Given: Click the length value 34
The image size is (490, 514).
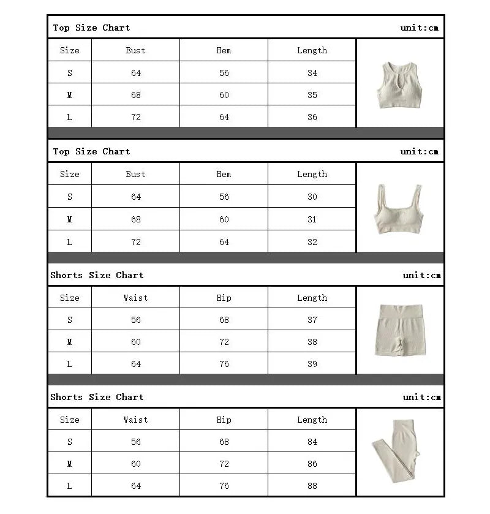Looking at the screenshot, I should (x=312, y=73).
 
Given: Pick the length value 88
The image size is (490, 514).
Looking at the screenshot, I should (x=312, y=486).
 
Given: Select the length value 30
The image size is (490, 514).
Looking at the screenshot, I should (x=312, y=197).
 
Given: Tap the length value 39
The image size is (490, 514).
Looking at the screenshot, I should (x=312, y=364).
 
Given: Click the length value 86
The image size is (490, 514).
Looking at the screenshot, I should (x=312, y=464).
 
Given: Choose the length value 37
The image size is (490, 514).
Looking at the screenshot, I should (x=312, y=320).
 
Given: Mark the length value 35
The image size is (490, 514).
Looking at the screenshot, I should (x=312, y=95).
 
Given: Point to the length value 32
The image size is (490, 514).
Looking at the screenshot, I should (x=312, y=242).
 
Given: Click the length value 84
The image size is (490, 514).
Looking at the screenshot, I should (x=312, y=442).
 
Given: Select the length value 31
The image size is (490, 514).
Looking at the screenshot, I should (x=312, y=219).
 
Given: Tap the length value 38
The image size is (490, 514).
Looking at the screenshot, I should (x=312, y=342).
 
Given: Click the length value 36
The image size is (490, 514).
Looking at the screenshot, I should (x=312, y=117).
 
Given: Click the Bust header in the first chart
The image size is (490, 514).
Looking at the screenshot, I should (x=135, y=50).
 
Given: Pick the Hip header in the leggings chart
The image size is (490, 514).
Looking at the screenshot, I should (x=224, y=420).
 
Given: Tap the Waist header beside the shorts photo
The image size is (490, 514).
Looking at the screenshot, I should (x=135, y=298).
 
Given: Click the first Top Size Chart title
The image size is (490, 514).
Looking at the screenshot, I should (x=91, y=28).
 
